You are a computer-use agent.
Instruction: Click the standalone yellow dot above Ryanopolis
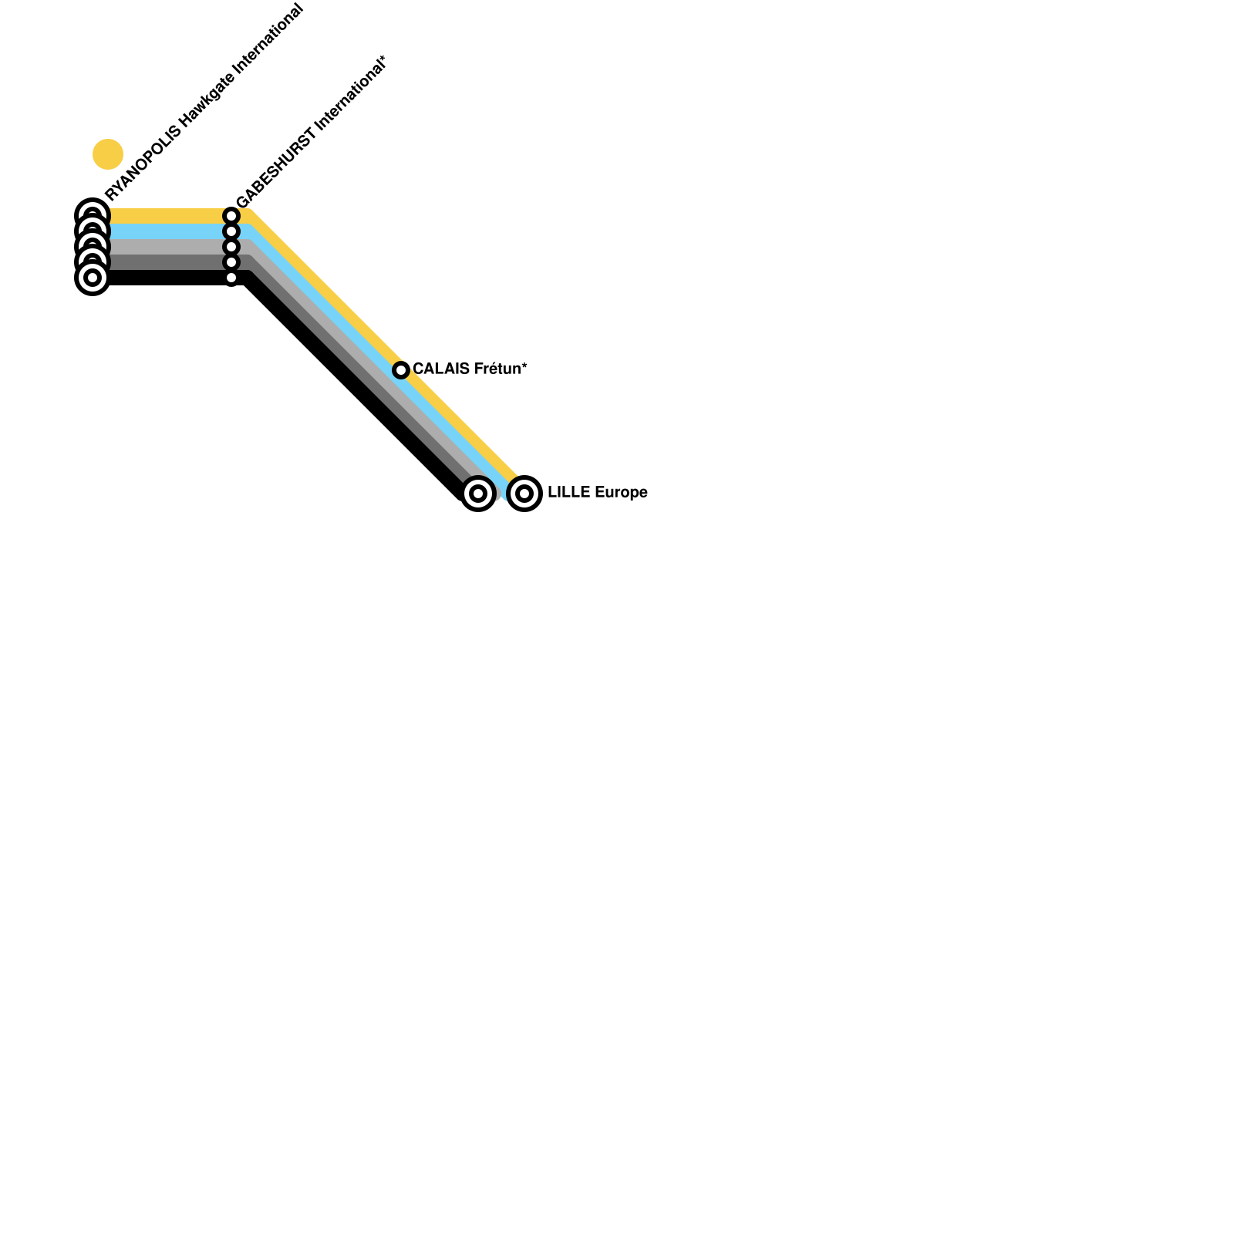tap(108, 154)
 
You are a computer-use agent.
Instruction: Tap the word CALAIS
tap(441, 369)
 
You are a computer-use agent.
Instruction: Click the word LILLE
tap(569, 492)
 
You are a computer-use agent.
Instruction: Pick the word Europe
tap(621, 492)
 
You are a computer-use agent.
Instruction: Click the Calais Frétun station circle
tap(400, 370)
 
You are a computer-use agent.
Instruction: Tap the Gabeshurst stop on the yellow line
tap(231, 216)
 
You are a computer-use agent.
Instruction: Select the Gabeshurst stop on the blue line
tap(231, 231)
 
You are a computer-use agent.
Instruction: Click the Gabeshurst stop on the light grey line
tap(231, 247)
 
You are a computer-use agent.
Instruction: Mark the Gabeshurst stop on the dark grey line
tap(231, 262)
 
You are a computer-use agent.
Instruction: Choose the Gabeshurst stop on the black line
tap(231, 278)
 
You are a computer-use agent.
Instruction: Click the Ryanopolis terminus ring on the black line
tap(93, 278)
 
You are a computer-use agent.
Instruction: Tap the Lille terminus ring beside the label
tap(524, 494)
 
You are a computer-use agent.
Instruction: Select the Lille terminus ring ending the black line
tap(478, 494)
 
